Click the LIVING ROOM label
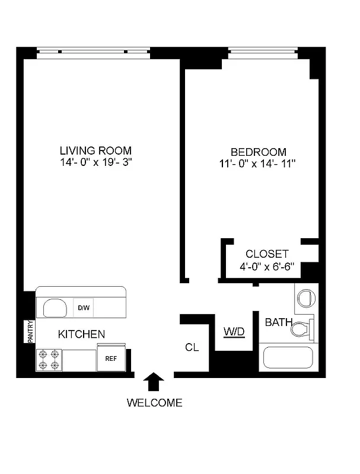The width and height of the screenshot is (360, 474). (95, 150)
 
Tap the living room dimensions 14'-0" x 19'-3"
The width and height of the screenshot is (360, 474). (95, 162)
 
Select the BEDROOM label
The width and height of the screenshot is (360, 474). (258, 152)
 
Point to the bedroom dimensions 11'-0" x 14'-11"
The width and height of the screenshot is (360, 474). (258, 164)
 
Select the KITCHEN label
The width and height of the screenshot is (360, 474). (81, 335)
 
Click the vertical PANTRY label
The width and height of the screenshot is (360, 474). (29, 331)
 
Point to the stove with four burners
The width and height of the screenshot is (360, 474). (49, 359)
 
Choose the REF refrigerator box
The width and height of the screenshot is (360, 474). (111, 358)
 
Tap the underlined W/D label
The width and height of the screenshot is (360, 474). (234, 331)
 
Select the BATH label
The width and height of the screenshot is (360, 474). (278, 323)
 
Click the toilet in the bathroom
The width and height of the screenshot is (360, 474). (303, 328)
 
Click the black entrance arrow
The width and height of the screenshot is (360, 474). (154, 382)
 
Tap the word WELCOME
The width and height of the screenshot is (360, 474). (154, 403)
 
